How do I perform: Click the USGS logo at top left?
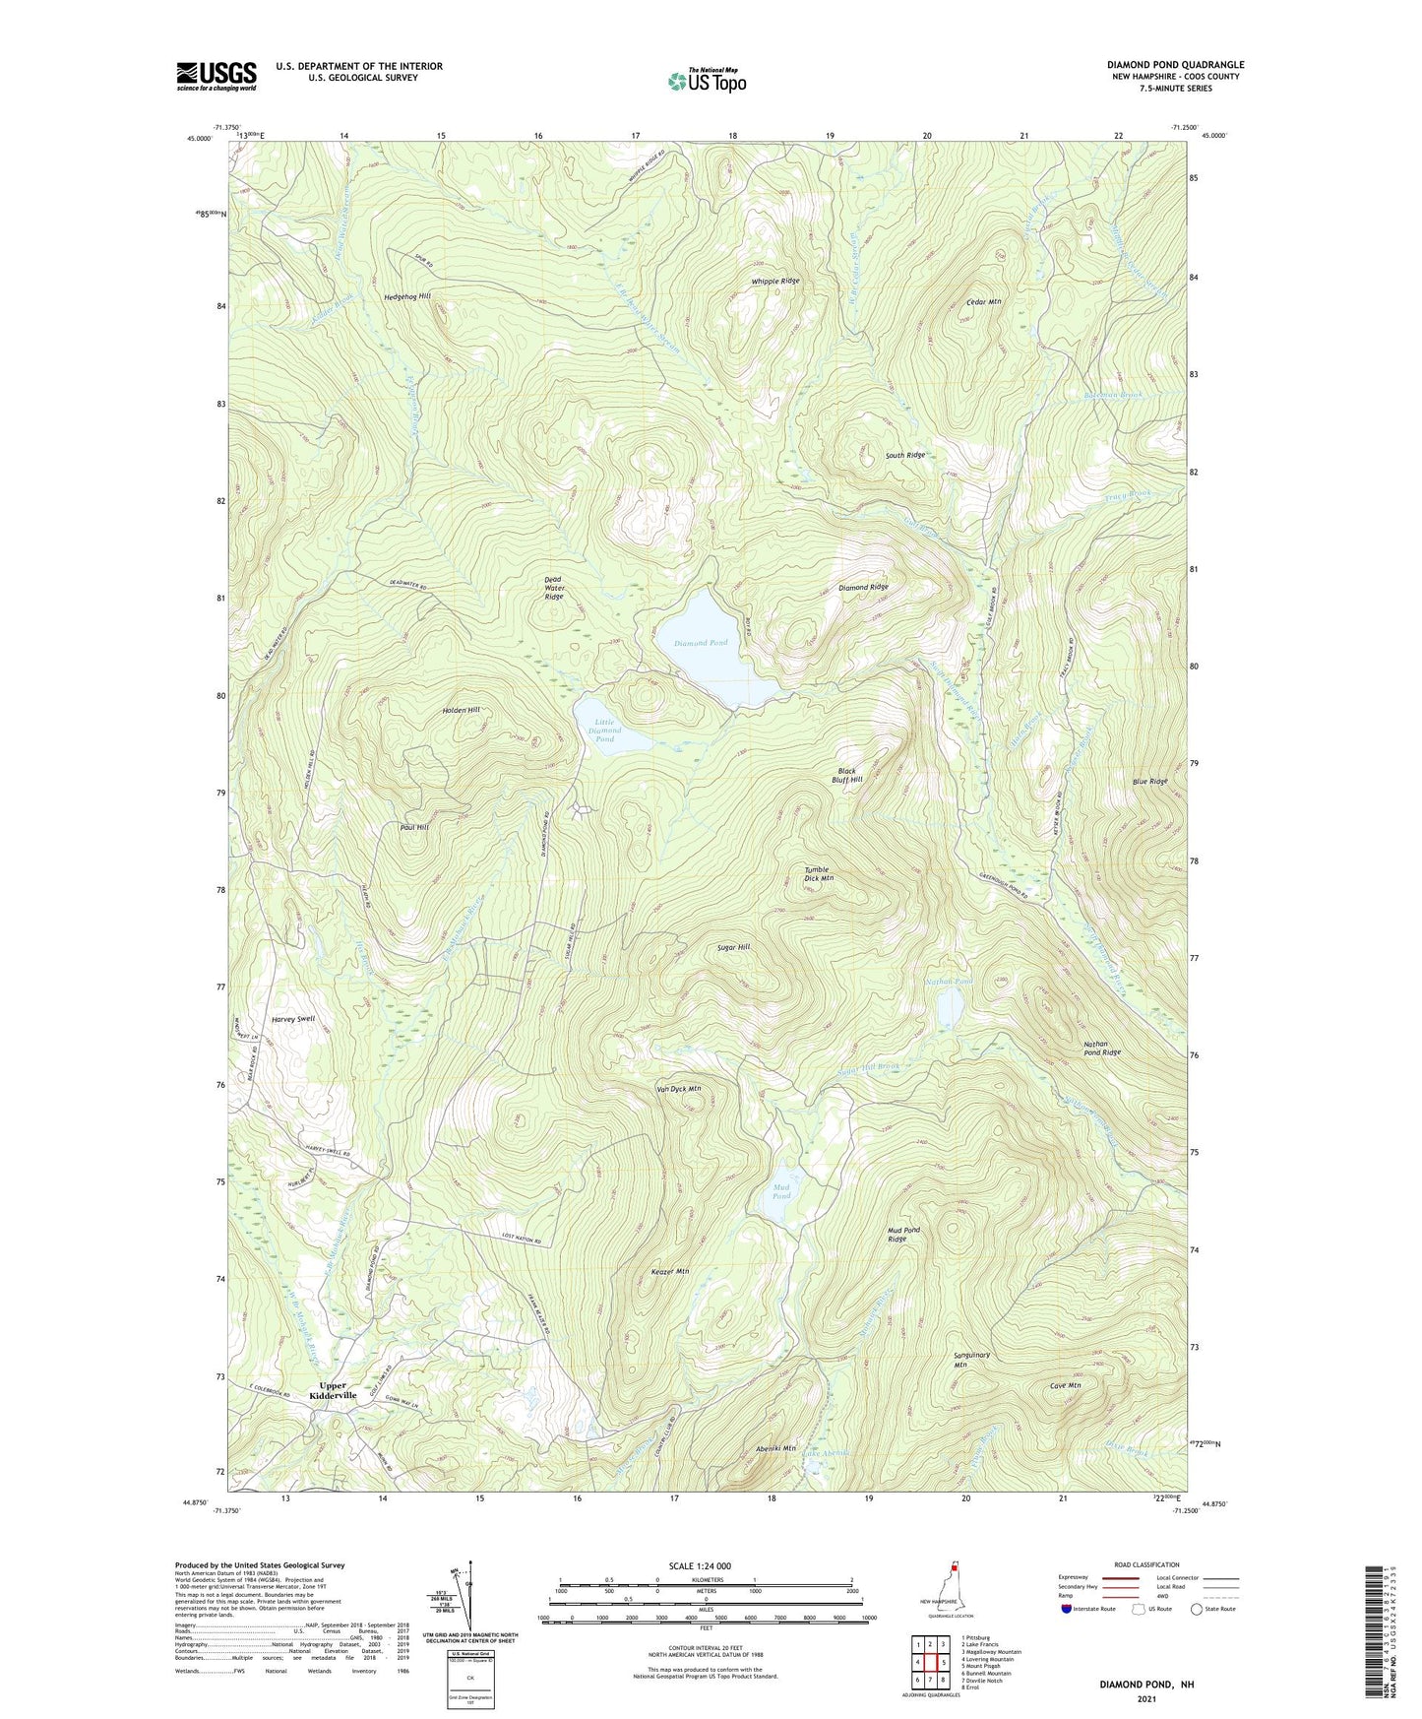coord(216,76)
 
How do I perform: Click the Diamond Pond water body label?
coord(701,643)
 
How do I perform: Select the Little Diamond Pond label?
coord(605,731)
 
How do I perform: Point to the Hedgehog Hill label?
coord(406,295)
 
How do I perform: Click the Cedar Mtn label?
coord(983,302)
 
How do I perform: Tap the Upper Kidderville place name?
coord(333,1391)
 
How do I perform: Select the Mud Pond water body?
coord(782,1202)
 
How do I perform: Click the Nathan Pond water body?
coord(951,1007)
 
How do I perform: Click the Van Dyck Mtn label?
coord(678,1089)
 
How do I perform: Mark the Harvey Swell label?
coord(291,1018)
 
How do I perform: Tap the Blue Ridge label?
coord(1149,782)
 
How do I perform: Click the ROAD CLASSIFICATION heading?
coord(1147,1564)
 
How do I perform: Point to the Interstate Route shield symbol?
coord(1068,1610)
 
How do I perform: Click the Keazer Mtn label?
coord(670,1272)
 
